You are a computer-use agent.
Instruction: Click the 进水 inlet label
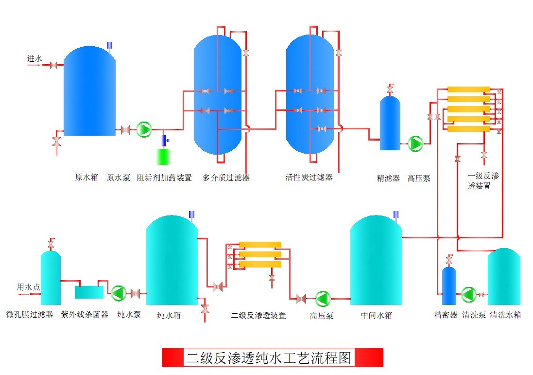pyautogui.click(x=34, y=59)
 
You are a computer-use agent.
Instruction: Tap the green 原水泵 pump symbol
pyautogui.click(x=144, y=129)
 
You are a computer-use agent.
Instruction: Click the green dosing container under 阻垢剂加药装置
pyautogui.click(x=165, y=157)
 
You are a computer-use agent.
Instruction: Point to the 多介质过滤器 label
pyautogui.click(x=226, y=178)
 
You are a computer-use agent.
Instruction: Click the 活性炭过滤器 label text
pyautogui.click(x=309, y=178)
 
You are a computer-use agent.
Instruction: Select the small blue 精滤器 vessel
pyautogui.click(x=390, y=124)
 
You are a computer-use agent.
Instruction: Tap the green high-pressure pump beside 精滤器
pyautogui.click(x=415, y=143)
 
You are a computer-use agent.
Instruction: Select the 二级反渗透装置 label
pyautogui.click(x=258, y=315)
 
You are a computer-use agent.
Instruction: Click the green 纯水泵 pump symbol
pyautogui.click(x=119, y=293)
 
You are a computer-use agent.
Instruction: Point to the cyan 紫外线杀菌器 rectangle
pyautogui.click(x=89, y=292)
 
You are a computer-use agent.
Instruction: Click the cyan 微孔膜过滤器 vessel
pyautogui.click(x=51, y=277)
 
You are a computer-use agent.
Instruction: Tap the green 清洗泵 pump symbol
pyautogui.click(x=468, y=294)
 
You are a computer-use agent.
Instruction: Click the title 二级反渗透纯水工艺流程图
pyautogui.click(x=272, y=357)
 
